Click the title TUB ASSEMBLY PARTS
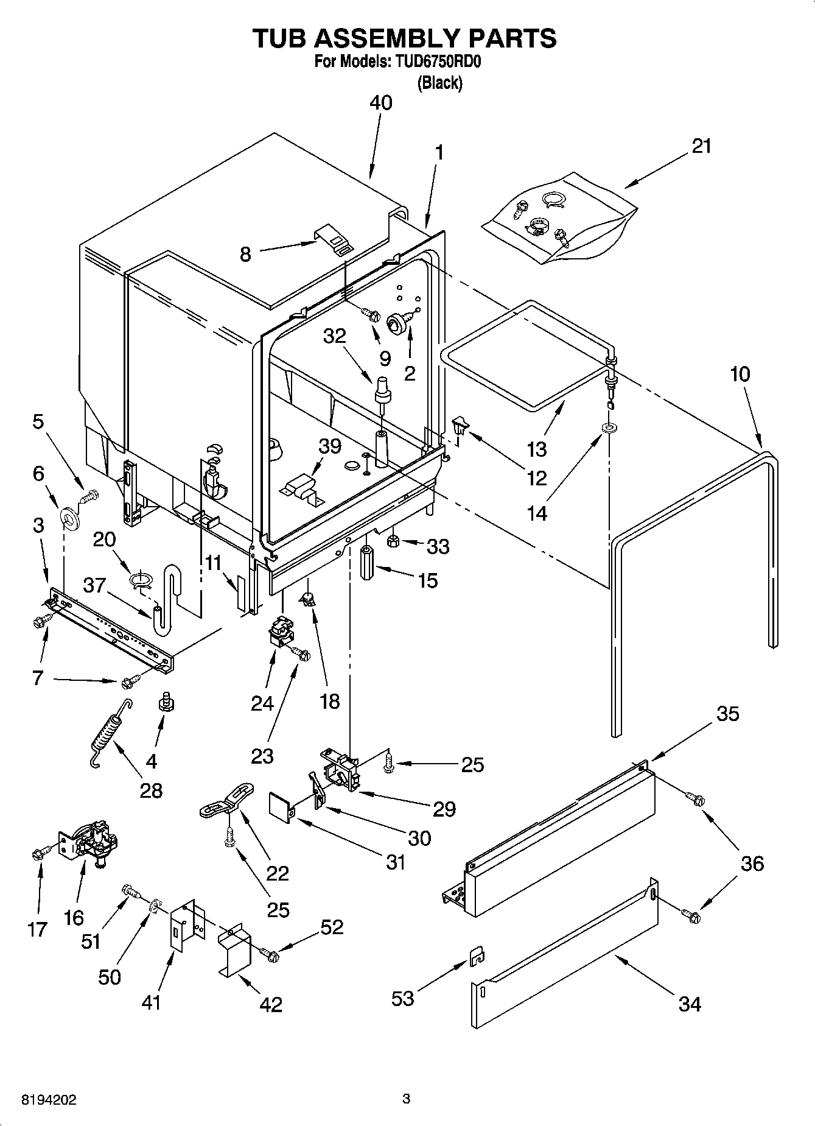click(404, 38)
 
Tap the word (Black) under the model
click(439, 83)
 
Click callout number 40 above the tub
click(381, 103)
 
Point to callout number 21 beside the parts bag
click(701, 146)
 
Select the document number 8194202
click(49, 1100)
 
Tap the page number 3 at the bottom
click(407, 1099)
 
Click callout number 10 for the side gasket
click(740, 374)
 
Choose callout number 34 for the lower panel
click(690, 1004)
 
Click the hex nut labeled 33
click(393, 539)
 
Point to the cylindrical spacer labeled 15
click(368, 565)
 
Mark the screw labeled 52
click(269, 957)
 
